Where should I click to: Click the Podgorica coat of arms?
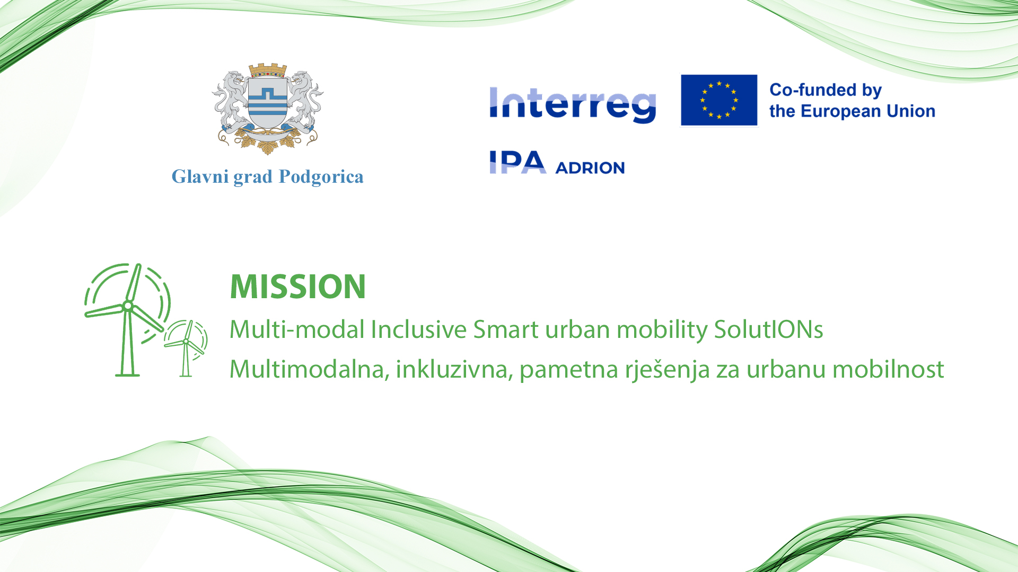point(268,109)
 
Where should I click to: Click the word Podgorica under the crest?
point(321,177)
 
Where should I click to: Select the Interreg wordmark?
point(573,105)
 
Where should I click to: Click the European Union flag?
point(719,100)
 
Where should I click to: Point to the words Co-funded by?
point(826,90)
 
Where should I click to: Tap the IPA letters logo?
point(517,162)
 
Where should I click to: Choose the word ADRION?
point(590,168)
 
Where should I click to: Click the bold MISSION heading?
point(298,287)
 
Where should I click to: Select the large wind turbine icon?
point(128,319)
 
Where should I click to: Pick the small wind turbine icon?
point(186,348)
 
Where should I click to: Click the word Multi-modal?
point(297,329)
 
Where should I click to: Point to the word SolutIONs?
point(768,329)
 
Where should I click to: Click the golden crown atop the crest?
point(268,70)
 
